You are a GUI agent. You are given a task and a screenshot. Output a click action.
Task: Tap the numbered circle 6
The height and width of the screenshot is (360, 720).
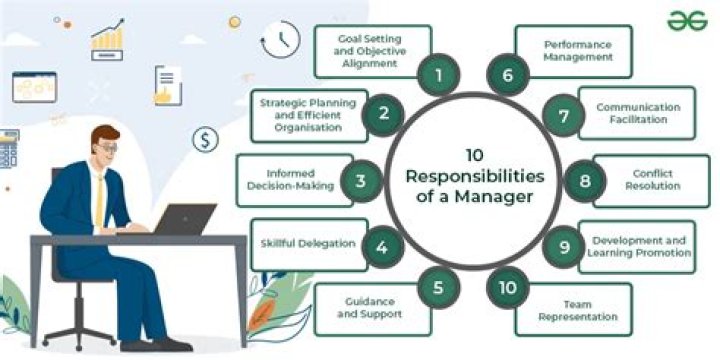(x=507, y=73)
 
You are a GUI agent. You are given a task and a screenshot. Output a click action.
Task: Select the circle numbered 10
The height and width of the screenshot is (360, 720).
(x=508, y=288)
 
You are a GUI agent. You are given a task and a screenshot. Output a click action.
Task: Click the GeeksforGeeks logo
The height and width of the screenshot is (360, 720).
(x=688, y=21)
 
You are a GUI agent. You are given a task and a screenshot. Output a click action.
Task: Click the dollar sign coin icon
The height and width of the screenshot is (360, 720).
(x=205, y=139)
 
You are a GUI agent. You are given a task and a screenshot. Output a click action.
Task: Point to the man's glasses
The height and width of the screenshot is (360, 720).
(x=107, y=148)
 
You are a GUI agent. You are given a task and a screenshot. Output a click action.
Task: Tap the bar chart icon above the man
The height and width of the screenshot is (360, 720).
(x=107, y=39)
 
